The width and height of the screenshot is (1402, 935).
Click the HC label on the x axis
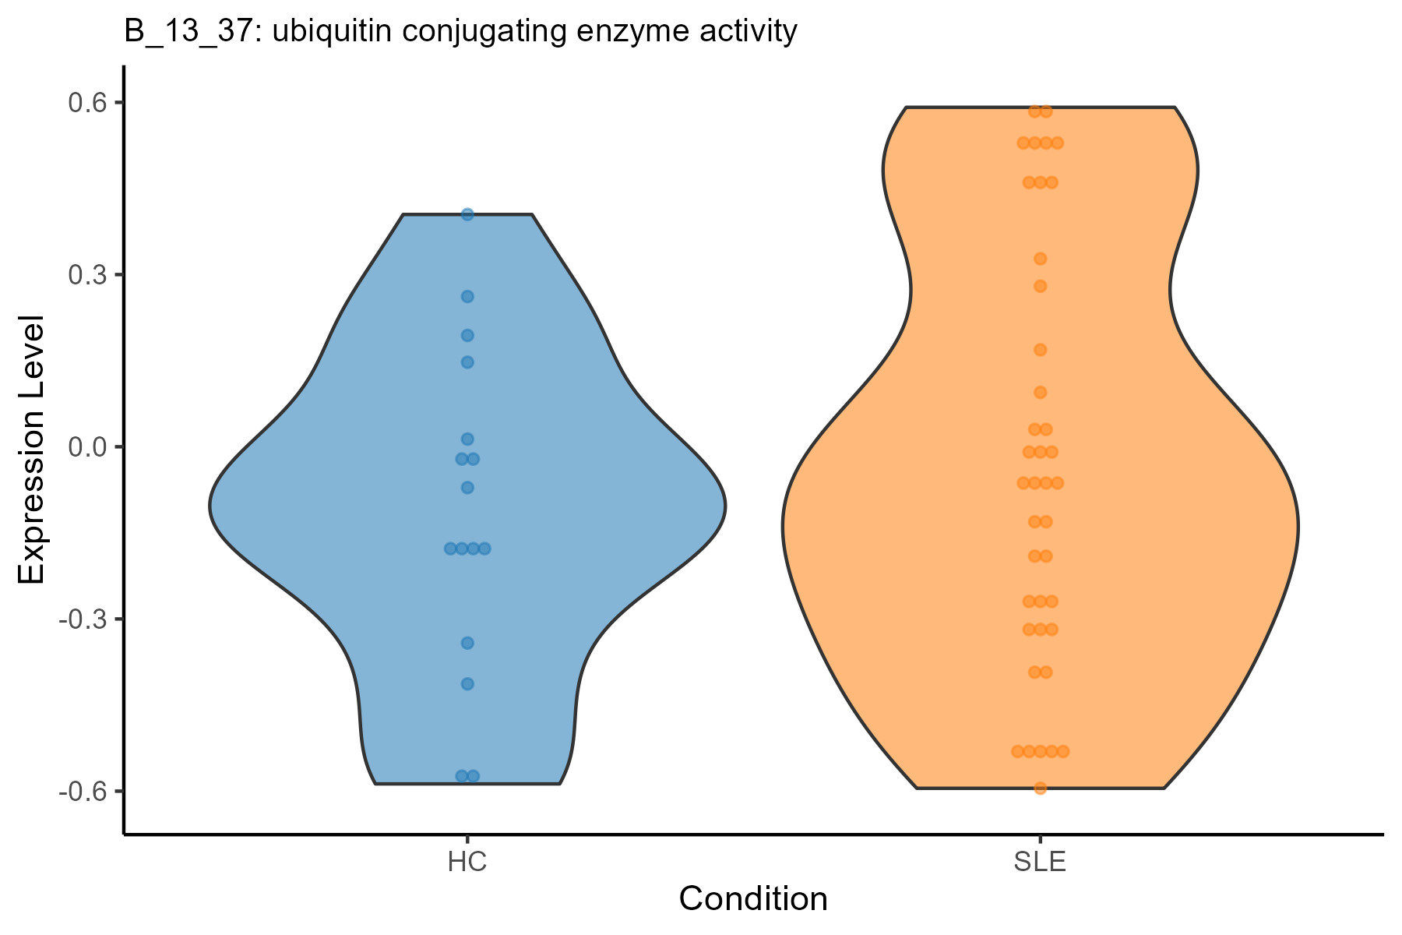[x=467, y=863]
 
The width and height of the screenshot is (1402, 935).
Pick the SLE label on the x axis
[x=1040, y=863]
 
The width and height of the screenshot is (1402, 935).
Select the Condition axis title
[x=753, y=900]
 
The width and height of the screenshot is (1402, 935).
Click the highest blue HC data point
[x=467, y=214]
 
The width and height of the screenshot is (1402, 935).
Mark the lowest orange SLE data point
[x=1040, y=788]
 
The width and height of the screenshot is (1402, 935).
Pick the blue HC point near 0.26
[x=467, y=296]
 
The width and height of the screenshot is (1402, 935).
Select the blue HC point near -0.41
[x=467, y=684]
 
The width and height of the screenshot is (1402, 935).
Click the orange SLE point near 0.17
[x=1040, y=350]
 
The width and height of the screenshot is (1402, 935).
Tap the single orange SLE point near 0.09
[x=1040, y=392]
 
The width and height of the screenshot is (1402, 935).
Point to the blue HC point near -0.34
[x=467, y=643]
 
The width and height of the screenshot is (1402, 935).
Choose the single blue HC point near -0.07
[x=467, y=488]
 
